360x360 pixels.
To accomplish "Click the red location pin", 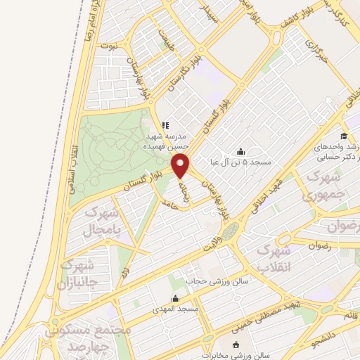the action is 181,166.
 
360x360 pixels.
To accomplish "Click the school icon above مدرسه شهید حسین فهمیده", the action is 166,125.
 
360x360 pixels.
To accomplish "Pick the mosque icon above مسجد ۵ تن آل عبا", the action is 241,150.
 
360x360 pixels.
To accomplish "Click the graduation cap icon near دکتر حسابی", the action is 344,136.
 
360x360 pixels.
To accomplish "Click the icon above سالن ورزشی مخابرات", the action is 236,344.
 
